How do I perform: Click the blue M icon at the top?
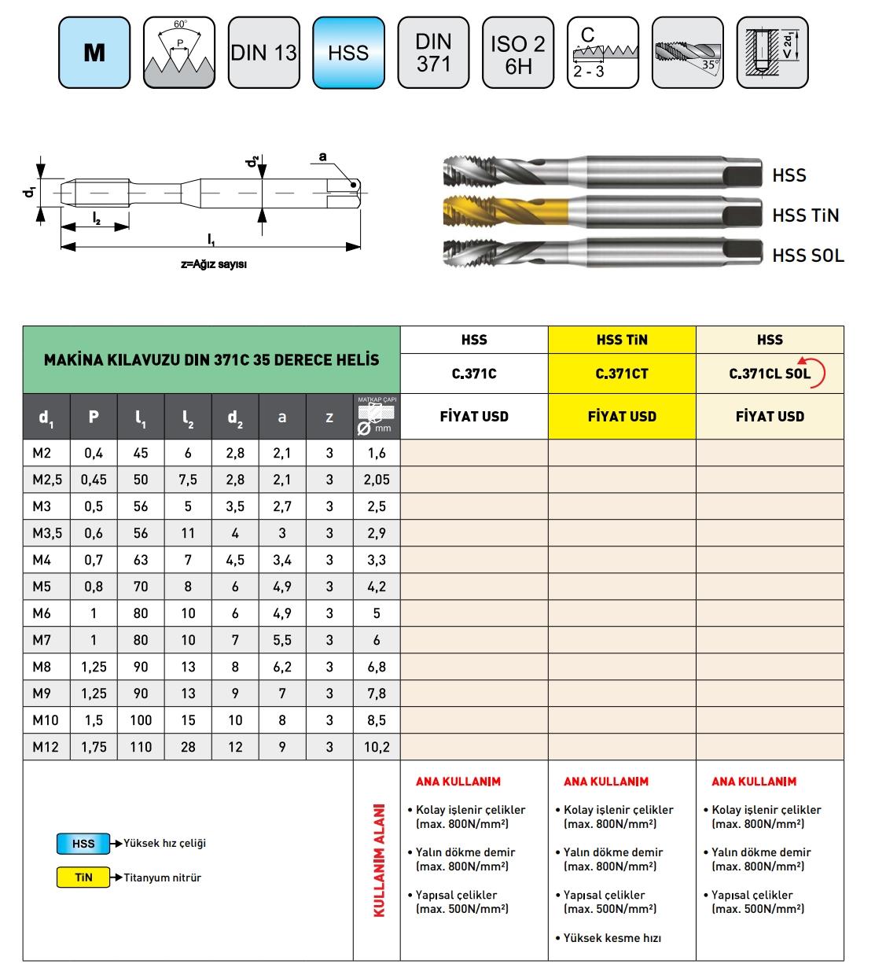coord(94,53)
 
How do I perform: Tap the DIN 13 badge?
coord(264,53)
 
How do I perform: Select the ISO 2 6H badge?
coord(518,53)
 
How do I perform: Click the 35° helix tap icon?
coord(688,53)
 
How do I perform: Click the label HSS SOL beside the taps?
coord(807,255)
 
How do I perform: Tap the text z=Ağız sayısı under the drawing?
coord(214,265)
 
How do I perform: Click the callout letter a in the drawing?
coord(322,156)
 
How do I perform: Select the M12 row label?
coord(46,746)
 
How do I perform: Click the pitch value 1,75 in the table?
coord(94,746)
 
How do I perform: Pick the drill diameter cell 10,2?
coord(377,746)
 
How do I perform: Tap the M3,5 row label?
coord(46,533)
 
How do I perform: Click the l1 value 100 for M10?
coord(141,719)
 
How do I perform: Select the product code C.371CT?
coord(622,373)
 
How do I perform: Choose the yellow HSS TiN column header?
coord(622,340)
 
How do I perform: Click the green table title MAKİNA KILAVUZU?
coord(211,360)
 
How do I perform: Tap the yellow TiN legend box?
coord(83,877)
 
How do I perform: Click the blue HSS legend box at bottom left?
coord(83,844)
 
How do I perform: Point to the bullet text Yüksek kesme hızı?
coord(612,937)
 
